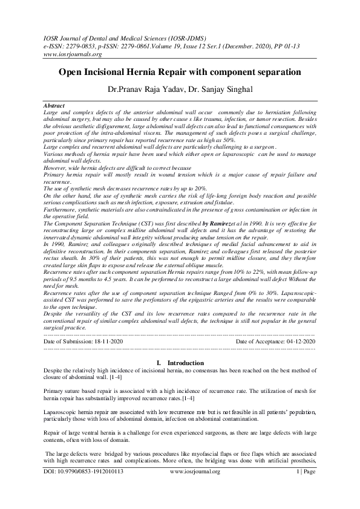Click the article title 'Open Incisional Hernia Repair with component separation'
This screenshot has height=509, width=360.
coord(180,72)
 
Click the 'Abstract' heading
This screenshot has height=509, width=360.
coord(55,105)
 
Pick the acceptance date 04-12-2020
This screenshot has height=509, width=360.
coord(296,342)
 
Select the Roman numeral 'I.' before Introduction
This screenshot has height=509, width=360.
coord(159,362)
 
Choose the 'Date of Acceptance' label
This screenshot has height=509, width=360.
coord(256,342)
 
